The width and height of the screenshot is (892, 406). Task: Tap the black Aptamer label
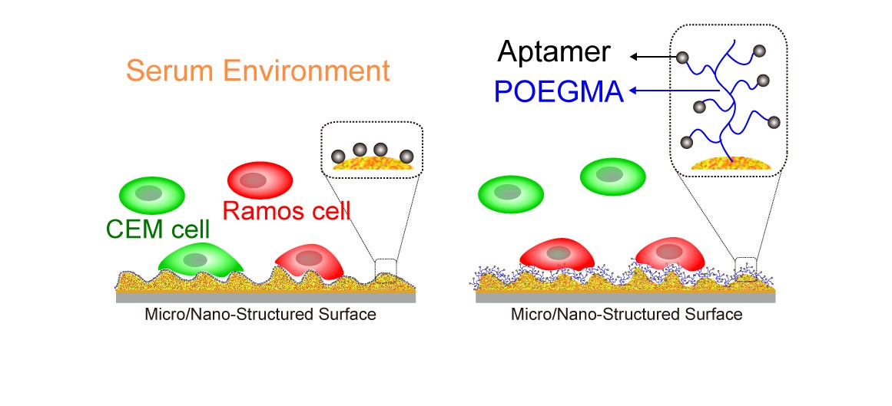point(553,51)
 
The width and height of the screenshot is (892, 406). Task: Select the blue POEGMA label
point(559,91)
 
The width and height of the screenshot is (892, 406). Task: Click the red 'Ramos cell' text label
point(285,210)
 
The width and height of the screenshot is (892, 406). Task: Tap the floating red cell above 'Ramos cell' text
point(260,180)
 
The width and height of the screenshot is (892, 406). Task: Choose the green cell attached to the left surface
point(199,259)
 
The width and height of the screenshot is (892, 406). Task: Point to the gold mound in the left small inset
point(371,163)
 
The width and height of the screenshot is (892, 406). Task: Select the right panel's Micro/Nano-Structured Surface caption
point(626,315)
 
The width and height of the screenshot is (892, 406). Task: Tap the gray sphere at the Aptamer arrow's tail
point(681,57)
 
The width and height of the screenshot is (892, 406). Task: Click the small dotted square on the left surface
point(386,269)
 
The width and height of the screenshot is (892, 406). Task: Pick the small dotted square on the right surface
point(745,268)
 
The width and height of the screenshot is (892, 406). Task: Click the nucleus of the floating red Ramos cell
point(254,180)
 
